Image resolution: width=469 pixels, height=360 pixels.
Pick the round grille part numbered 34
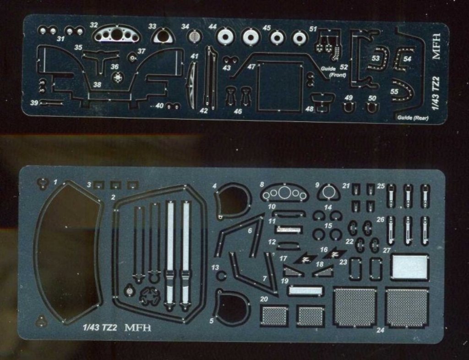click(x=195, y=35)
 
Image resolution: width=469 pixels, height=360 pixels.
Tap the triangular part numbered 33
click(x=162, y=35)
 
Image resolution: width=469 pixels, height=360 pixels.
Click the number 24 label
click(x=379, y=330)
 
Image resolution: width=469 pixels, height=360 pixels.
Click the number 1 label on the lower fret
click(x=55, y=182)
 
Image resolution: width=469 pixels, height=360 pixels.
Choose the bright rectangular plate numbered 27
click(x=409, y=267)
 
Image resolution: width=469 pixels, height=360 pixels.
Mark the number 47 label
click(x=251, y=67)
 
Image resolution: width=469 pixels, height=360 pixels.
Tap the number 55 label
click(x=394, y=91)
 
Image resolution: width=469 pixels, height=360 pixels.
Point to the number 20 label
click(x=264, y=299)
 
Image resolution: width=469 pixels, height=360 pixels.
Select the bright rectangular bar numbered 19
click(x=305, y=291)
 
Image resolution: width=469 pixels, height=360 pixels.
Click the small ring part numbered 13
click(x=222, y=276)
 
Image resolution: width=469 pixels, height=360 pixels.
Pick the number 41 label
click(x=195, y=56)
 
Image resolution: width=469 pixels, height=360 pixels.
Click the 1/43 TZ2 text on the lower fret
click(x=99, y=328)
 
